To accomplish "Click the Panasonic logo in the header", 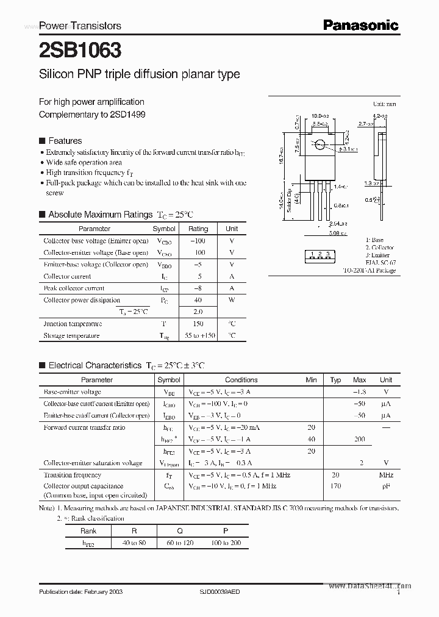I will click(360, 25).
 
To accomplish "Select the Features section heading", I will click(65, 140).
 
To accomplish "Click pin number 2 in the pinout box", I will click(320, 254).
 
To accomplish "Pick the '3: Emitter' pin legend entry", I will click(378, 255).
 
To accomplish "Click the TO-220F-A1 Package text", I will click(369, 270).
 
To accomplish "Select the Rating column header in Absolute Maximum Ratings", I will click(198, 229).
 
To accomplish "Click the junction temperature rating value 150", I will click(198, 324).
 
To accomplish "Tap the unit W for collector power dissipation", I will click(232, 300).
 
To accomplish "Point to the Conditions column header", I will click(241, 380).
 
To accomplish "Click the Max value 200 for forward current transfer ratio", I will click(359, 439).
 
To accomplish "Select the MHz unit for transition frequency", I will click(385, 475).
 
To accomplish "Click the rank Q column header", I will click(180, 530).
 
